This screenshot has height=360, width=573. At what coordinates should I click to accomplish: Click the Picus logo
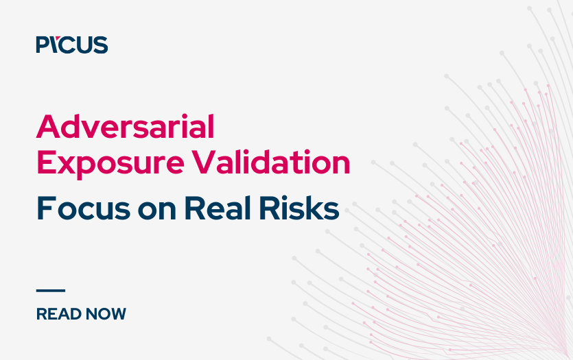72,45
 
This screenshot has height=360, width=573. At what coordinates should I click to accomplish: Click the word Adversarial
126,128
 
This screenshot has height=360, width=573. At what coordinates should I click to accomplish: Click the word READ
56,314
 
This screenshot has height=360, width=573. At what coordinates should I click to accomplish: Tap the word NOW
104,314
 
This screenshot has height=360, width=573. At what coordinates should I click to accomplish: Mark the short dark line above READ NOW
50,291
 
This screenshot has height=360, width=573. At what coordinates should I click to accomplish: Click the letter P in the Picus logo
43,45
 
